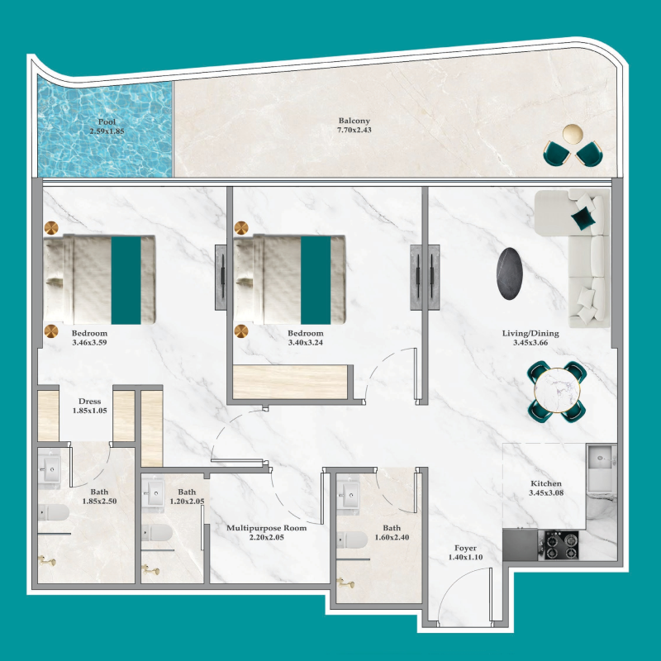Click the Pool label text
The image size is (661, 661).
pos(107,122)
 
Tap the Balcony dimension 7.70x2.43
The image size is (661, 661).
pos(354,131)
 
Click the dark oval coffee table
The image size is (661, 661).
pos(508,274)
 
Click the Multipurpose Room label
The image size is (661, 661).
pos(266,528)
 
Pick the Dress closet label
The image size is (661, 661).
pos(89,402)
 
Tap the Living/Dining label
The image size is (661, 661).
pos(530,334)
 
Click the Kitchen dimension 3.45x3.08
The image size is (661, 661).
pos(545,493)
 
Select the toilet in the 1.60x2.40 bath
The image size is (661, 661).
pos(354,540)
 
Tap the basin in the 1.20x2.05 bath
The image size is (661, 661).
pos(155,497)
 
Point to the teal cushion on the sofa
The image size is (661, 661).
pos(584,217)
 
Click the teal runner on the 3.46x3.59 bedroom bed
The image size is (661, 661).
pos(126,279)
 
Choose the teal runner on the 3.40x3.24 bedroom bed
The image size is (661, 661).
pos(315,279)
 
